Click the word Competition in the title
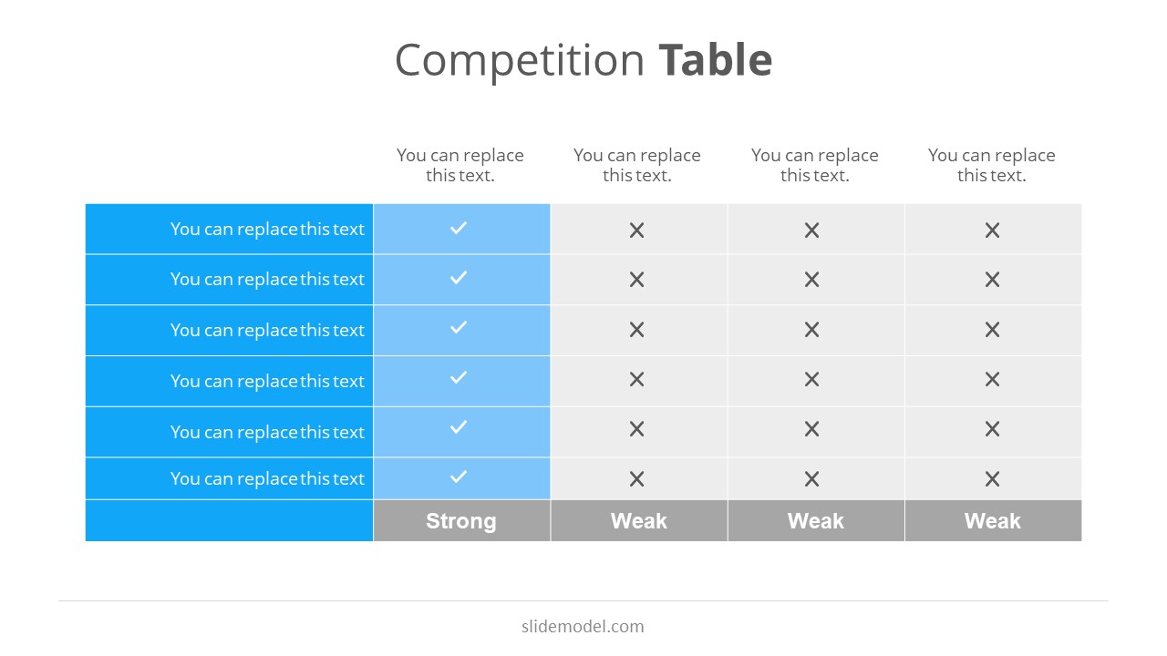pyautogui.click(x=520, y=61)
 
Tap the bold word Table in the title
pyautogui.click(x=716, y=61)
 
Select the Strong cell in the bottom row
pyautogui.click(x=461, y=521)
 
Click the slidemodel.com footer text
pyautogui.click(x=583, y=626)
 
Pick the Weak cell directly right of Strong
pyautogui.click(x=638, y=521)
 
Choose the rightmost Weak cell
pyautogui.click(x=992, y=521)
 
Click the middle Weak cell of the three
pyautogui.click(x=815, y=521)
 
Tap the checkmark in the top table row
pyautogui.click(x=459, y=228)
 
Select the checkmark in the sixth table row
pyautogui.click(x=459, y=477)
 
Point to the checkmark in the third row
pyautogui.click(x=459, y=327)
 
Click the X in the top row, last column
pyautogui.click(x=992, y=231)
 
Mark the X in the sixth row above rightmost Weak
pyautogui.click(x=992, y=479)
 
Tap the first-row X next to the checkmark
pyautogui.click(x=636, y=231)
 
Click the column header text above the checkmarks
pyautogui.click(x=460, y=165)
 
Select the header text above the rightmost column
pyautogui.click(x=992, y=165)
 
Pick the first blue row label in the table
pyautogui.click(x=267, y=229)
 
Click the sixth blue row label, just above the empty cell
pyautogui.click(x=267, y=478)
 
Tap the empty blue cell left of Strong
pyautogui.click(x=229, y=521)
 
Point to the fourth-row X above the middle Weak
pyautogui.click(x=811, y=379)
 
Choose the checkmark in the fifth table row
pyautogui.click(x=459, y=426)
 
